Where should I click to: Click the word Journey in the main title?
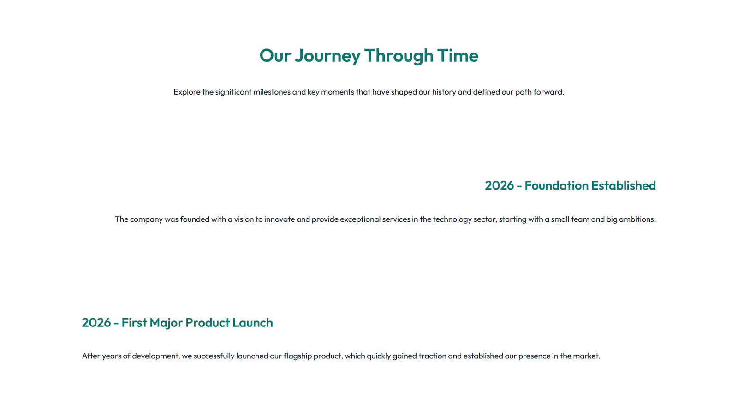click(327, 56)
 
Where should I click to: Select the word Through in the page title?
click(399, 56)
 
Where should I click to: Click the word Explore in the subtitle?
click(187, 92)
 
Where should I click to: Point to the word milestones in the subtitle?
click(272, 92)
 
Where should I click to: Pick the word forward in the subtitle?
click(548, 92)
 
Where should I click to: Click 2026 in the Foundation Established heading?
click(499, 185)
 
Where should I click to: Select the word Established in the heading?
click(623, 185)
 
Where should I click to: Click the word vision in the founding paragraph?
click(244, 219)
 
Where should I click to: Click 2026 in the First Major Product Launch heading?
click(96, 322)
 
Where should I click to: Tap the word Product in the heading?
click(207, 322)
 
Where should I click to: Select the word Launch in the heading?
click(252, 322)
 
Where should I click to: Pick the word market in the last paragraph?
click(586, 356)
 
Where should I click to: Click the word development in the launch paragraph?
click(155, 356)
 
